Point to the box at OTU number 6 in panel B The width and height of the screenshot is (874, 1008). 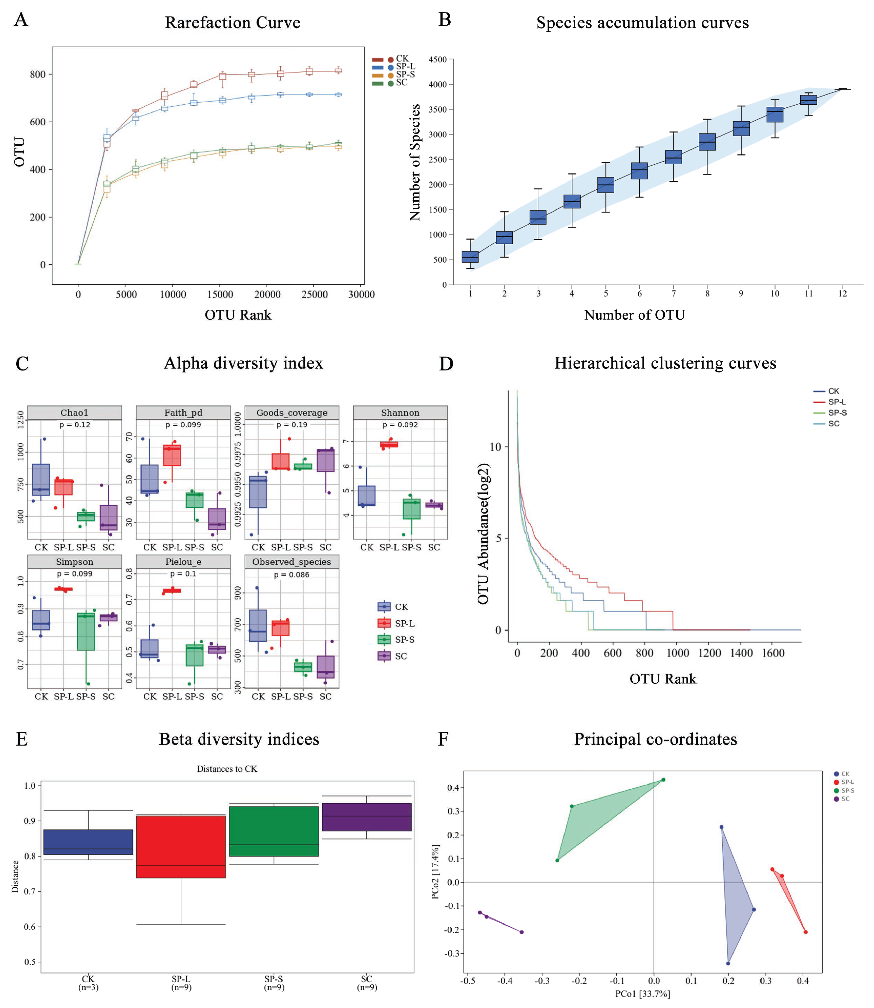639,171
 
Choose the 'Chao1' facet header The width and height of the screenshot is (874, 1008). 75,413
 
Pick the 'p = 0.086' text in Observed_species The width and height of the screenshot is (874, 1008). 292,575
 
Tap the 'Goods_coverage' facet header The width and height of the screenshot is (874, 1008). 292,413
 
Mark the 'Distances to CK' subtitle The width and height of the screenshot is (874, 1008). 227,769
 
